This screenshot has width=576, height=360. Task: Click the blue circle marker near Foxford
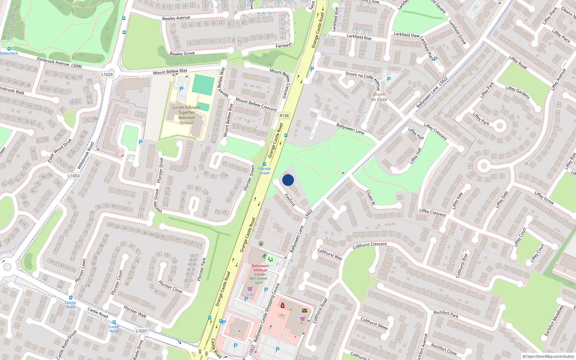288,180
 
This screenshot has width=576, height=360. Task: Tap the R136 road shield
284,116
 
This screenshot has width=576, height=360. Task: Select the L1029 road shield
107,75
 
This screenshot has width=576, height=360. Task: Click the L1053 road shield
74,176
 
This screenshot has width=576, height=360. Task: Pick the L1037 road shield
141,331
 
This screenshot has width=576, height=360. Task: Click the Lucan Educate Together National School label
186,115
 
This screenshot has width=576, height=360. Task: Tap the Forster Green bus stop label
265,171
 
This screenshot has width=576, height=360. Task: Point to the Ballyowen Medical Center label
260,270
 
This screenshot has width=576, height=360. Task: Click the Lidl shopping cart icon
250,289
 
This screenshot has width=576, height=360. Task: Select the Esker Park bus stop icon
9,49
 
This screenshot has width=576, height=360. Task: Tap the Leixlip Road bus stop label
71,305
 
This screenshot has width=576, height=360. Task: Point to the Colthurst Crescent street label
370,245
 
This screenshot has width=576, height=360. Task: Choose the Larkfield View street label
407,35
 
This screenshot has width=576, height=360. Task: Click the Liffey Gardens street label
517,93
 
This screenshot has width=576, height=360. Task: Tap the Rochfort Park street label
446,314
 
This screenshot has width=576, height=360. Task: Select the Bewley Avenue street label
176,18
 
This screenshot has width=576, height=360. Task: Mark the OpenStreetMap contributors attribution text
548,356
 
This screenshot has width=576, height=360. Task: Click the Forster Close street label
170,287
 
